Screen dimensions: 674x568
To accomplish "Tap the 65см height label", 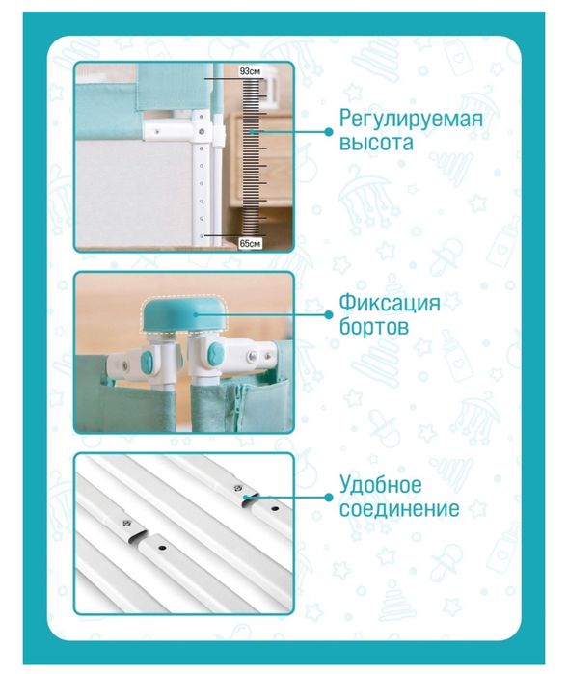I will (x=251, y=244).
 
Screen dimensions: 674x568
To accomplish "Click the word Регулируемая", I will (x=410, y=120).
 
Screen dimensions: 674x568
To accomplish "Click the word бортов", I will (x=372, y=328).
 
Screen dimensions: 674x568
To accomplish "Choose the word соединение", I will (x=398, y=508).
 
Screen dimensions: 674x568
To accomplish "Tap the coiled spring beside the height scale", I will (x=253, y=159).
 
